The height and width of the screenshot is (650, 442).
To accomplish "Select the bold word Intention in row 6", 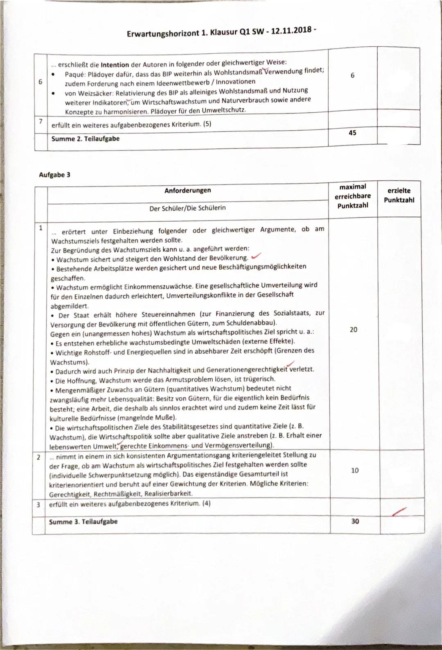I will point(115,65).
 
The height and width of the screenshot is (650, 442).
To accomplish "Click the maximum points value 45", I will point(352,133).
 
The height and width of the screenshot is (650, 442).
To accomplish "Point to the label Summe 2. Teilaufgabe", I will point(85,139).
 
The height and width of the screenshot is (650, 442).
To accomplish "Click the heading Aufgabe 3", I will point(54,175).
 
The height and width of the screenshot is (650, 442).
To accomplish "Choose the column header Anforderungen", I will point(188,191).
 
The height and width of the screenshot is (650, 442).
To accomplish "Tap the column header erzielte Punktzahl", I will point(399,195).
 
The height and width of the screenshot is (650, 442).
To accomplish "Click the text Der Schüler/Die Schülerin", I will point(187,208).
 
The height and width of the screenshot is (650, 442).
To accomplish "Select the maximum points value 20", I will point(354,330).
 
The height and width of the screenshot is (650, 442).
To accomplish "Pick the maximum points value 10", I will point(355,470).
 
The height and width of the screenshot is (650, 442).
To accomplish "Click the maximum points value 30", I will point(355,521).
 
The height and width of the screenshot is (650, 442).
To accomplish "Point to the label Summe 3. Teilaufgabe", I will point(83,522).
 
